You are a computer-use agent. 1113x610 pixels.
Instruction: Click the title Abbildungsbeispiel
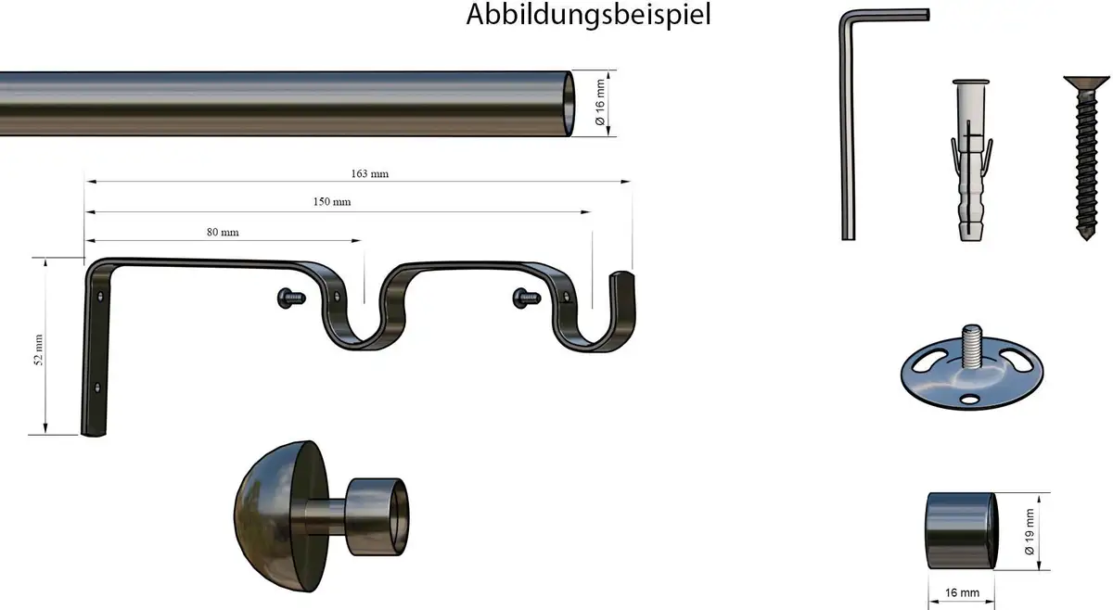pyautogui.click(x=588, y=15)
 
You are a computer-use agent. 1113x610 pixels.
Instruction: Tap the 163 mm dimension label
pyautogui.click(x=370, y=174)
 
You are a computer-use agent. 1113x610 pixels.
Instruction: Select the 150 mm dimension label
pyautogui.click(x=332, y=202)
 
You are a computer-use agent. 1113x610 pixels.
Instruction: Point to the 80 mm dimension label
pyautogui.click(x=223, y=233)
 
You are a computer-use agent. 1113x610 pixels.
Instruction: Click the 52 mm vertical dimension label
pyautogui.click(x=39, y=349)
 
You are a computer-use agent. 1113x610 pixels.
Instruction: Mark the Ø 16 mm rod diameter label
pyautogui.click(x=600, y=102)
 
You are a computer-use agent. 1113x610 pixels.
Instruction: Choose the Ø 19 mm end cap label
pyautogui.click(x=1030, y=531)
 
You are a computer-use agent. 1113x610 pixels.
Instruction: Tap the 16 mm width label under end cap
pyautogui.click(x=962, y=593)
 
